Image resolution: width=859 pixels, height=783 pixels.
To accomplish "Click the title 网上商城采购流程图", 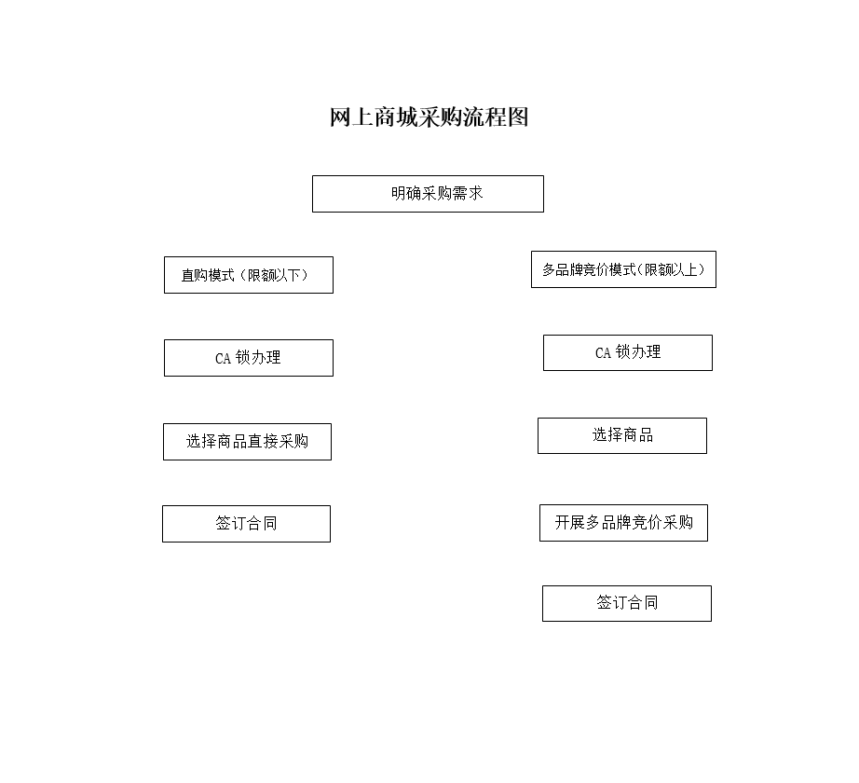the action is (x=429, y=117).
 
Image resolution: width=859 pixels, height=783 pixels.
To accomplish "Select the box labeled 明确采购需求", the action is (x=428, y=194).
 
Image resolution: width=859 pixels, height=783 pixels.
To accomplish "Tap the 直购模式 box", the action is (x=249, y=275).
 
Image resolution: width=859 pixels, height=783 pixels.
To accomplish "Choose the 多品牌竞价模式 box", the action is (x=623, y=269).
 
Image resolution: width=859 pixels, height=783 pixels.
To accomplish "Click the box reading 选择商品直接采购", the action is (x=247, y=442).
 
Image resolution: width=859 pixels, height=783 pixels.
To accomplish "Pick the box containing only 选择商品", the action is (x=622, y=435).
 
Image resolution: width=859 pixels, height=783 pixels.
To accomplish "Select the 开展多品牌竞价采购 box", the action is (x=623, y=523).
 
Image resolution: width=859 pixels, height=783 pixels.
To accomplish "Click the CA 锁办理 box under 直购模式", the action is (x=249, y=358).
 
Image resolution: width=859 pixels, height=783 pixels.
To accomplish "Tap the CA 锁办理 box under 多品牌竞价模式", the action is (x=628, y=353).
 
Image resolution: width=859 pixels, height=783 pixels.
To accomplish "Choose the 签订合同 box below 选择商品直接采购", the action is (x=247, y=524).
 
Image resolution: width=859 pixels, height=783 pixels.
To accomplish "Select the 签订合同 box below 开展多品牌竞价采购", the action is (x=627, y=603).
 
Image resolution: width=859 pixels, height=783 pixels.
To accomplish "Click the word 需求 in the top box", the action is (x=468, y=194).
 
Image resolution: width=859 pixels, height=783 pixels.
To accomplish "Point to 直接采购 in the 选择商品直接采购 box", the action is (x=278, y=441).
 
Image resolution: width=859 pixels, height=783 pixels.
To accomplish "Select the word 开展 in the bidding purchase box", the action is (x=570, y=522).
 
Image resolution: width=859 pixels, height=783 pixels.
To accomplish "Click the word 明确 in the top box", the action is (x=406, y=194).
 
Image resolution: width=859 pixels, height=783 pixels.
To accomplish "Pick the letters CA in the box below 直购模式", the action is (x=223, y=359).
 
